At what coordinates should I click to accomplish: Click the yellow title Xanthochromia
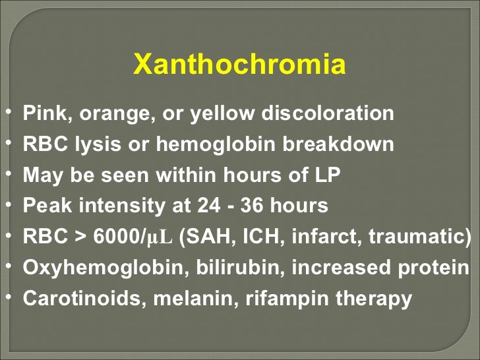pyautogui.click(x=239, y=65)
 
